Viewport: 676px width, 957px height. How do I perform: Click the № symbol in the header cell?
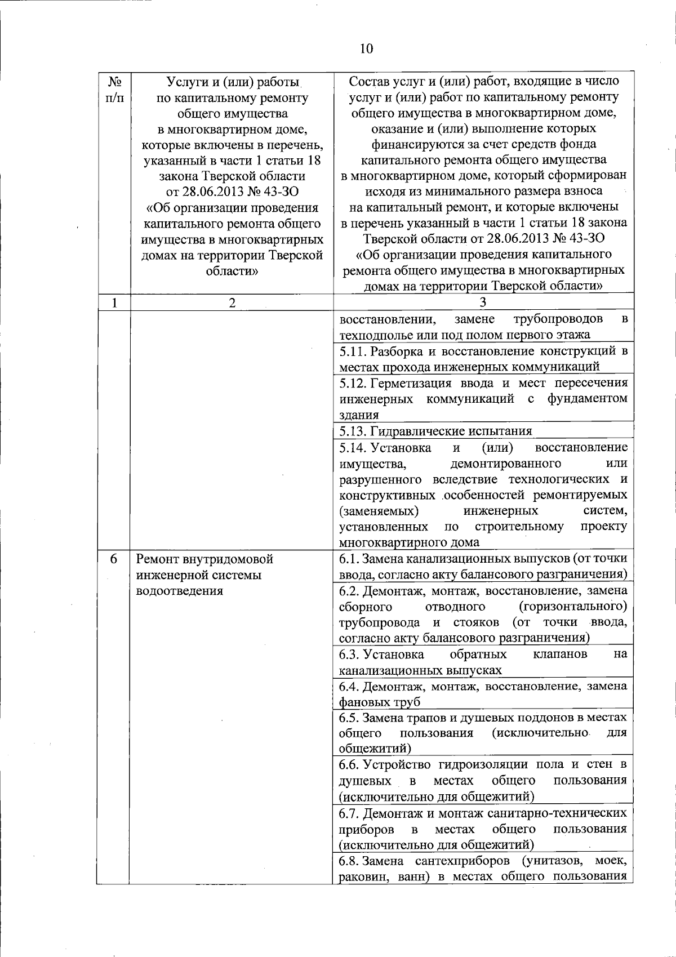point(114,82)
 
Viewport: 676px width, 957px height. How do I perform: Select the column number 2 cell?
point(232,302)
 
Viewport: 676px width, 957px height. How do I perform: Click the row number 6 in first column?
point(114,559)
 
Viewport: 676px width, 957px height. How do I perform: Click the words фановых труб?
point(379,702)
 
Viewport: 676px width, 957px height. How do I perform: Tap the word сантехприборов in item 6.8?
point(464,861)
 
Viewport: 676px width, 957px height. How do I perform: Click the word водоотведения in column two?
point(180,591)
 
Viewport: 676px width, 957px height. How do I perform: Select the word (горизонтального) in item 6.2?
point(572,607)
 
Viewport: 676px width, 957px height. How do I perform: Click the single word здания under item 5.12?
point(359,416)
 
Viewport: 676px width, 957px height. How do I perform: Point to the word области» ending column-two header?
point(232,271)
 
